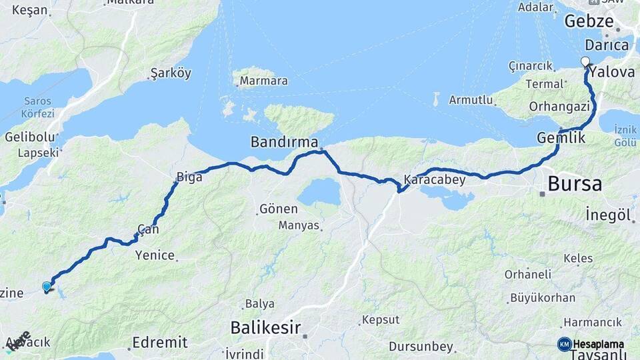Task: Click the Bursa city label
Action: [x=575, y=183]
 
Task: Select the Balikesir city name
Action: [x=265, y=327]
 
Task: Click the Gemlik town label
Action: [x=561, y=138]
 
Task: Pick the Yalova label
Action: [x=612, y=72]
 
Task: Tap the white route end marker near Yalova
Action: [x=585, y=62]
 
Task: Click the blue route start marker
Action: [x=47, y=287]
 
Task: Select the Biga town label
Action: [x=184, y=177]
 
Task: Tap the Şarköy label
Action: [x=171, y=73]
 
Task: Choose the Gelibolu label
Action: [x=29, y=137]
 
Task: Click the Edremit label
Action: [x=159, y=342]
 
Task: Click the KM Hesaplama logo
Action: [x=591, y=344]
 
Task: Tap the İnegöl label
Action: [x=608, y=215]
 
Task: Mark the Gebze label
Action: [x=589, y=21]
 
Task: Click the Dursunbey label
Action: [x=421, y=347]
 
